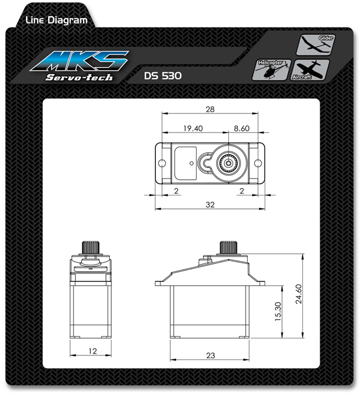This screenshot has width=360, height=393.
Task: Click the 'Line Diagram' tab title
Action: coord(57,20)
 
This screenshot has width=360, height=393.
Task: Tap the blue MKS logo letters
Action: coord(80,61)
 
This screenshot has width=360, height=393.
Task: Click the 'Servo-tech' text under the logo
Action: coord(79,77)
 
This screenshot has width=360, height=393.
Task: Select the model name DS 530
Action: coord(163,76)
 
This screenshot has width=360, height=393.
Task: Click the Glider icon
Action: coord(316,45)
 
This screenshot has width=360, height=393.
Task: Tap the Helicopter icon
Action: coord(271,70)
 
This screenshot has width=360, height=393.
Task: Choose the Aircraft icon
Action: coord(310,70)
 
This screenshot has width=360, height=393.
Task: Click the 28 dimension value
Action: coord(210,109)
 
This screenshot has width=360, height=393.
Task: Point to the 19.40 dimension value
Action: coord(193,129)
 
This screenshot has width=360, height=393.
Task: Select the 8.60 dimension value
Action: coord(242,129)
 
